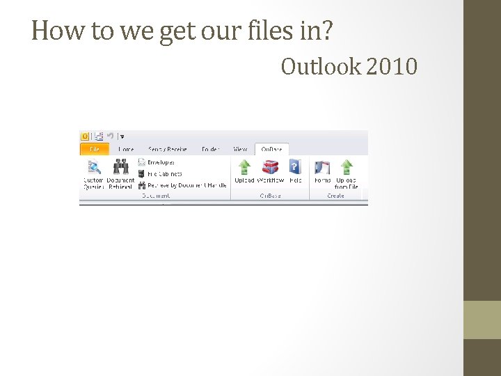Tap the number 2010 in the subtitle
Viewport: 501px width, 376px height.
(391, 67)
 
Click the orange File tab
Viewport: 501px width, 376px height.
(95, 149)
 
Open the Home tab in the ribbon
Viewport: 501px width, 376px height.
(126, 149)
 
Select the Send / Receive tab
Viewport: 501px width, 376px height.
(167, 149)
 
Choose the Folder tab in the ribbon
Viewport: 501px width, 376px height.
(210, 149)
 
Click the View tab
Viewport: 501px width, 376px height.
(240, 149)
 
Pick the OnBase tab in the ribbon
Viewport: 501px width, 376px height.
(271, 149)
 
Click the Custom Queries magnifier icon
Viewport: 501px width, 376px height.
(94, 167)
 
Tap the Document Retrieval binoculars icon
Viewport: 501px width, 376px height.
(120, 167)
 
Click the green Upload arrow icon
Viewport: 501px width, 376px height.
(244, 167)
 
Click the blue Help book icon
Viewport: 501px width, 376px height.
(295, 167)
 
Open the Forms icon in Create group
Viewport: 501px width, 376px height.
(322, 167)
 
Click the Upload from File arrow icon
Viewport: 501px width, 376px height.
(346, 167)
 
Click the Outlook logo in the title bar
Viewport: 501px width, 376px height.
(85, 136)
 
